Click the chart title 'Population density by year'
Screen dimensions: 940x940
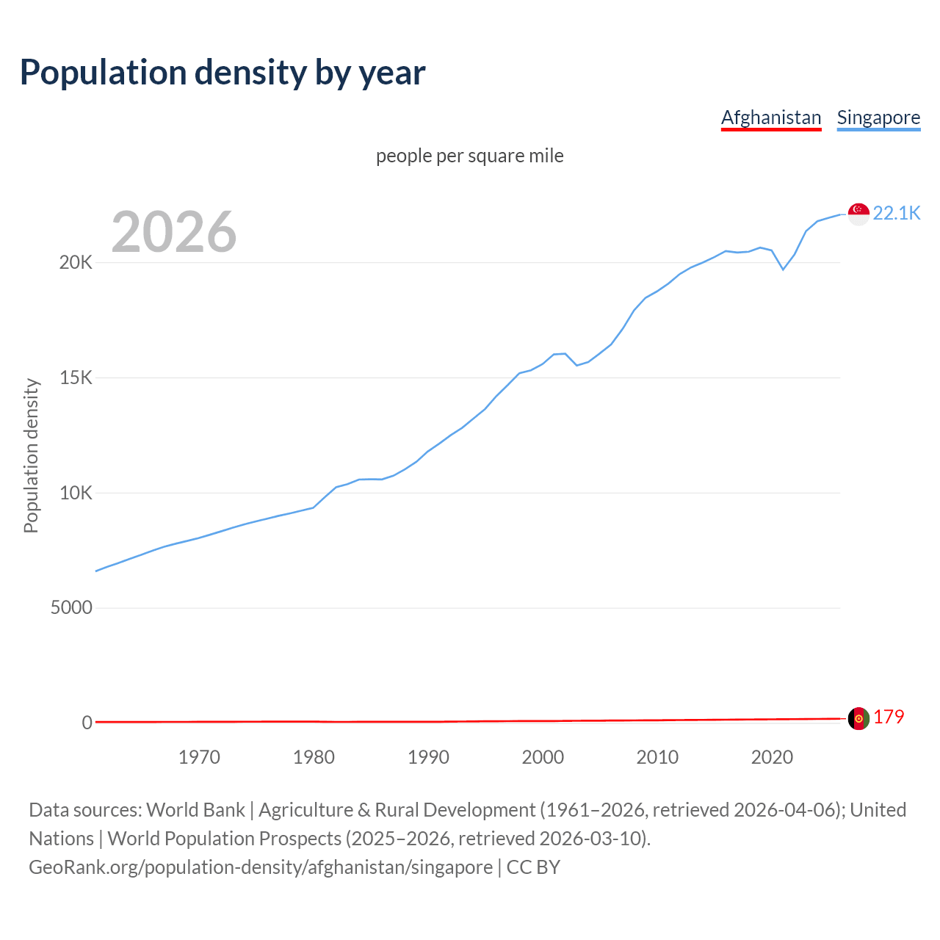(223, 73)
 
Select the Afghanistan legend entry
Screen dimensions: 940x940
(771, 117)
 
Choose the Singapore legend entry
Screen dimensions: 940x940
(878, 117)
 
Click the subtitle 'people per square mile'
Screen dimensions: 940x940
(469, 156)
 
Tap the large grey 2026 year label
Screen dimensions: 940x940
(174, 232)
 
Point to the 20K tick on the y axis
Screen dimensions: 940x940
(76, 263)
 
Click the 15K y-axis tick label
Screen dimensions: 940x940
(76, 378)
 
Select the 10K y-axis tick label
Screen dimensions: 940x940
(76, 493)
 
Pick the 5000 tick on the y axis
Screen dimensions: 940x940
(71, 608)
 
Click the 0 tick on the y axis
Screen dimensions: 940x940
(87, 723)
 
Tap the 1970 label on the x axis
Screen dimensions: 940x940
(199, 757)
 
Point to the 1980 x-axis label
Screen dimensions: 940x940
(314, 757)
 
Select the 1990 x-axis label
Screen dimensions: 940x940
(428, 757)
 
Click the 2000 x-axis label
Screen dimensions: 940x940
(543, 757)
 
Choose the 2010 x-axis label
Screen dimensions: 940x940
(657, 757)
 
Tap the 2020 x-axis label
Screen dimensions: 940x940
(772, 757)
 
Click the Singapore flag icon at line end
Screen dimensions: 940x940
(858, 214)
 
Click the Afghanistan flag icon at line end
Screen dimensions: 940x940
(858, 718)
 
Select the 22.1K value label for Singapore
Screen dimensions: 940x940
(897, 213)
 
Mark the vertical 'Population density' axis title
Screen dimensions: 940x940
(31, 455)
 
